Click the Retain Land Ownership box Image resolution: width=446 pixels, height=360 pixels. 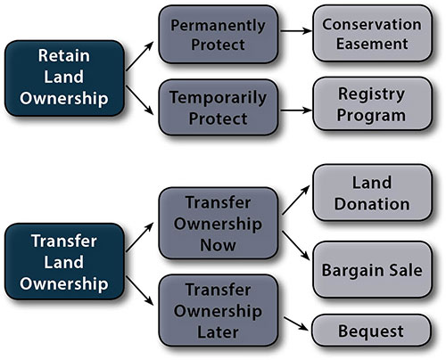click(64, 78)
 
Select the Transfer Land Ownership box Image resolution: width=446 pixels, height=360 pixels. click(64, 261)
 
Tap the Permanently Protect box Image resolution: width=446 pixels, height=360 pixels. click(219, 35)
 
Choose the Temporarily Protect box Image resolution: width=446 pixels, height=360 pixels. click(219, 108)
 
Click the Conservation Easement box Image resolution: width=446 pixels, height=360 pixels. click(372, 33)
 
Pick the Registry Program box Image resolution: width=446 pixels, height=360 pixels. click(372, 104)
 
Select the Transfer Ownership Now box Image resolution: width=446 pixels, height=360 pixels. click(219, 224)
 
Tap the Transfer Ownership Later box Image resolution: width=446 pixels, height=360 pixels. click(219, 311)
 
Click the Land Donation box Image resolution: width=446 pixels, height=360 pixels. click(372, 192)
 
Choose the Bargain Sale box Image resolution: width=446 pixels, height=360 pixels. click(372, 270)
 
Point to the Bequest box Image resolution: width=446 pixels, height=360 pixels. click(371, 331)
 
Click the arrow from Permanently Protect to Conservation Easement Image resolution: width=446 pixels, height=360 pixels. click(296, 30)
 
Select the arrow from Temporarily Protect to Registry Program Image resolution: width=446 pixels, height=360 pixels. click(296, 110)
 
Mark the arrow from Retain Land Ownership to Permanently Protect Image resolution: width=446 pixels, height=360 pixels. click(140, 56)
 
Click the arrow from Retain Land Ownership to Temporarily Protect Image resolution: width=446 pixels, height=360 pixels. click(140, 100)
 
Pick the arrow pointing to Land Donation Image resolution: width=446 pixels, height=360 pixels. click(296, 200)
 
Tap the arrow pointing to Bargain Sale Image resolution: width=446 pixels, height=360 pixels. click(296, 245)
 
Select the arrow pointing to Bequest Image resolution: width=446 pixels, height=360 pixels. click(296, 323)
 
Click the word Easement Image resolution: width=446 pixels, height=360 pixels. click(372, 44)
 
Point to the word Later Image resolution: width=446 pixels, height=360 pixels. click(218, 332)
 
